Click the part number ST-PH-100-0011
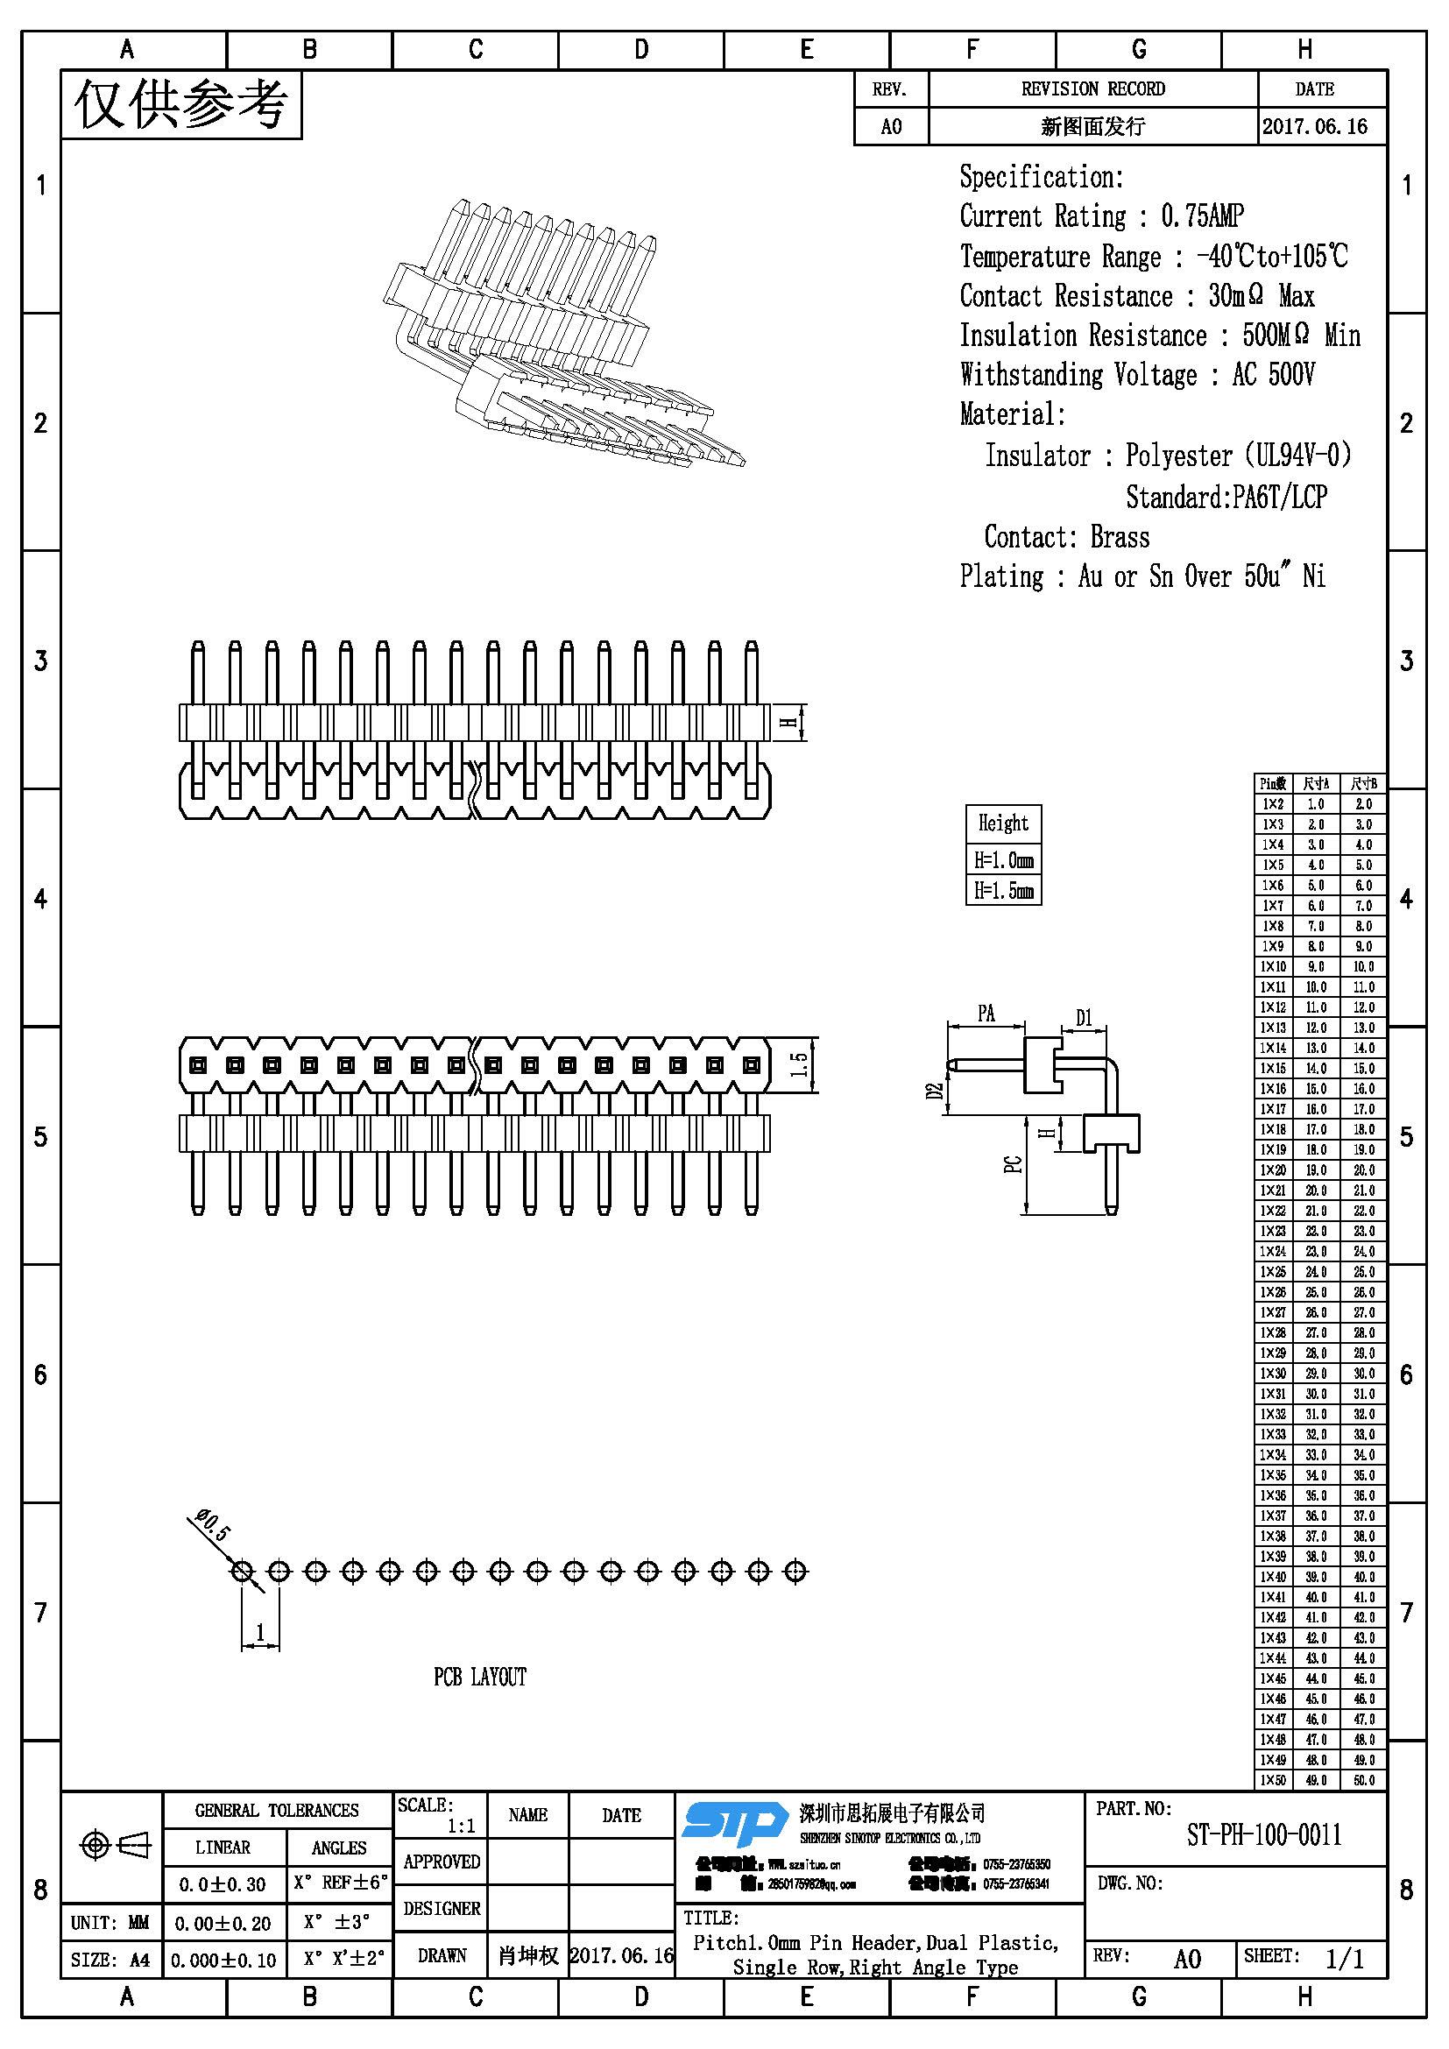point(1263,1835)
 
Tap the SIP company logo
point(733,1822)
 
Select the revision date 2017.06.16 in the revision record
point(1314,126)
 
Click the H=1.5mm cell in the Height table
point(1003,890)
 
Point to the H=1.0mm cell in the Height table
point(1003,860)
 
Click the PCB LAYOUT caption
point(480,1678)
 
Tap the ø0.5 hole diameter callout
point(213,1525)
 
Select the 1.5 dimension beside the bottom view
point(800,1063)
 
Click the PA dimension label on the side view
point(986,1013)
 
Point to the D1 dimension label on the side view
point(1083,1017)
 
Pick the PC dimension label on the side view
point(1013,1164)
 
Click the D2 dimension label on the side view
point(933,1092)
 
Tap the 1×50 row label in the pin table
point(1273,1780)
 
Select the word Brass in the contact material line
point(1120,536)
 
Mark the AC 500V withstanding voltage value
point(1273,374)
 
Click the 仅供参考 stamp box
point(181,104)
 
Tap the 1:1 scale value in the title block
point(461,1826)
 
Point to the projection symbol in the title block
point(116,1844)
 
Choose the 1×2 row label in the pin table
point(1273,804)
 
